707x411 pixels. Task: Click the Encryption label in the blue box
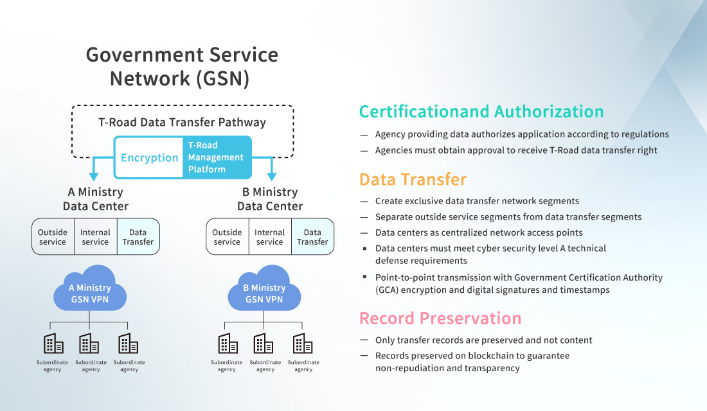pos(150,158)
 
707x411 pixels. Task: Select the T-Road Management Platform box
pos(215,157)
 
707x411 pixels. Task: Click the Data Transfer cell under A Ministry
pos(138,237)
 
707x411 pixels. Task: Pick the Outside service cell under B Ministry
pos(227,237)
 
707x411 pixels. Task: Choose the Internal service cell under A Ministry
pos(95,237)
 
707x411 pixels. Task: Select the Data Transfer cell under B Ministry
pos(312,237)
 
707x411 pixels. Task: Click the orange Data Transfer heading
pos(413,179)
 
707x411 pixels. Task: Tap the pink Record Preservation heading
pos(440,319)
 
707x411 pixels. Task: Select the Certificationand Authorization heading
pos(481,112)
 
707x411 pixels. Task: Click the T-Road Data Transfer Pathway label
pos(182,122)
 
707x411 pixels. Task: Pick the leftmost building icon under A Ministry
pos(53,344)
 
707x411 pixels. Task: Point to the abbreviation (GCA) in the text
pos(389,290)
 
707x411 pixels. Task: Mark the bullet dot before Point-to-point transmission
pos(365,277)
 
